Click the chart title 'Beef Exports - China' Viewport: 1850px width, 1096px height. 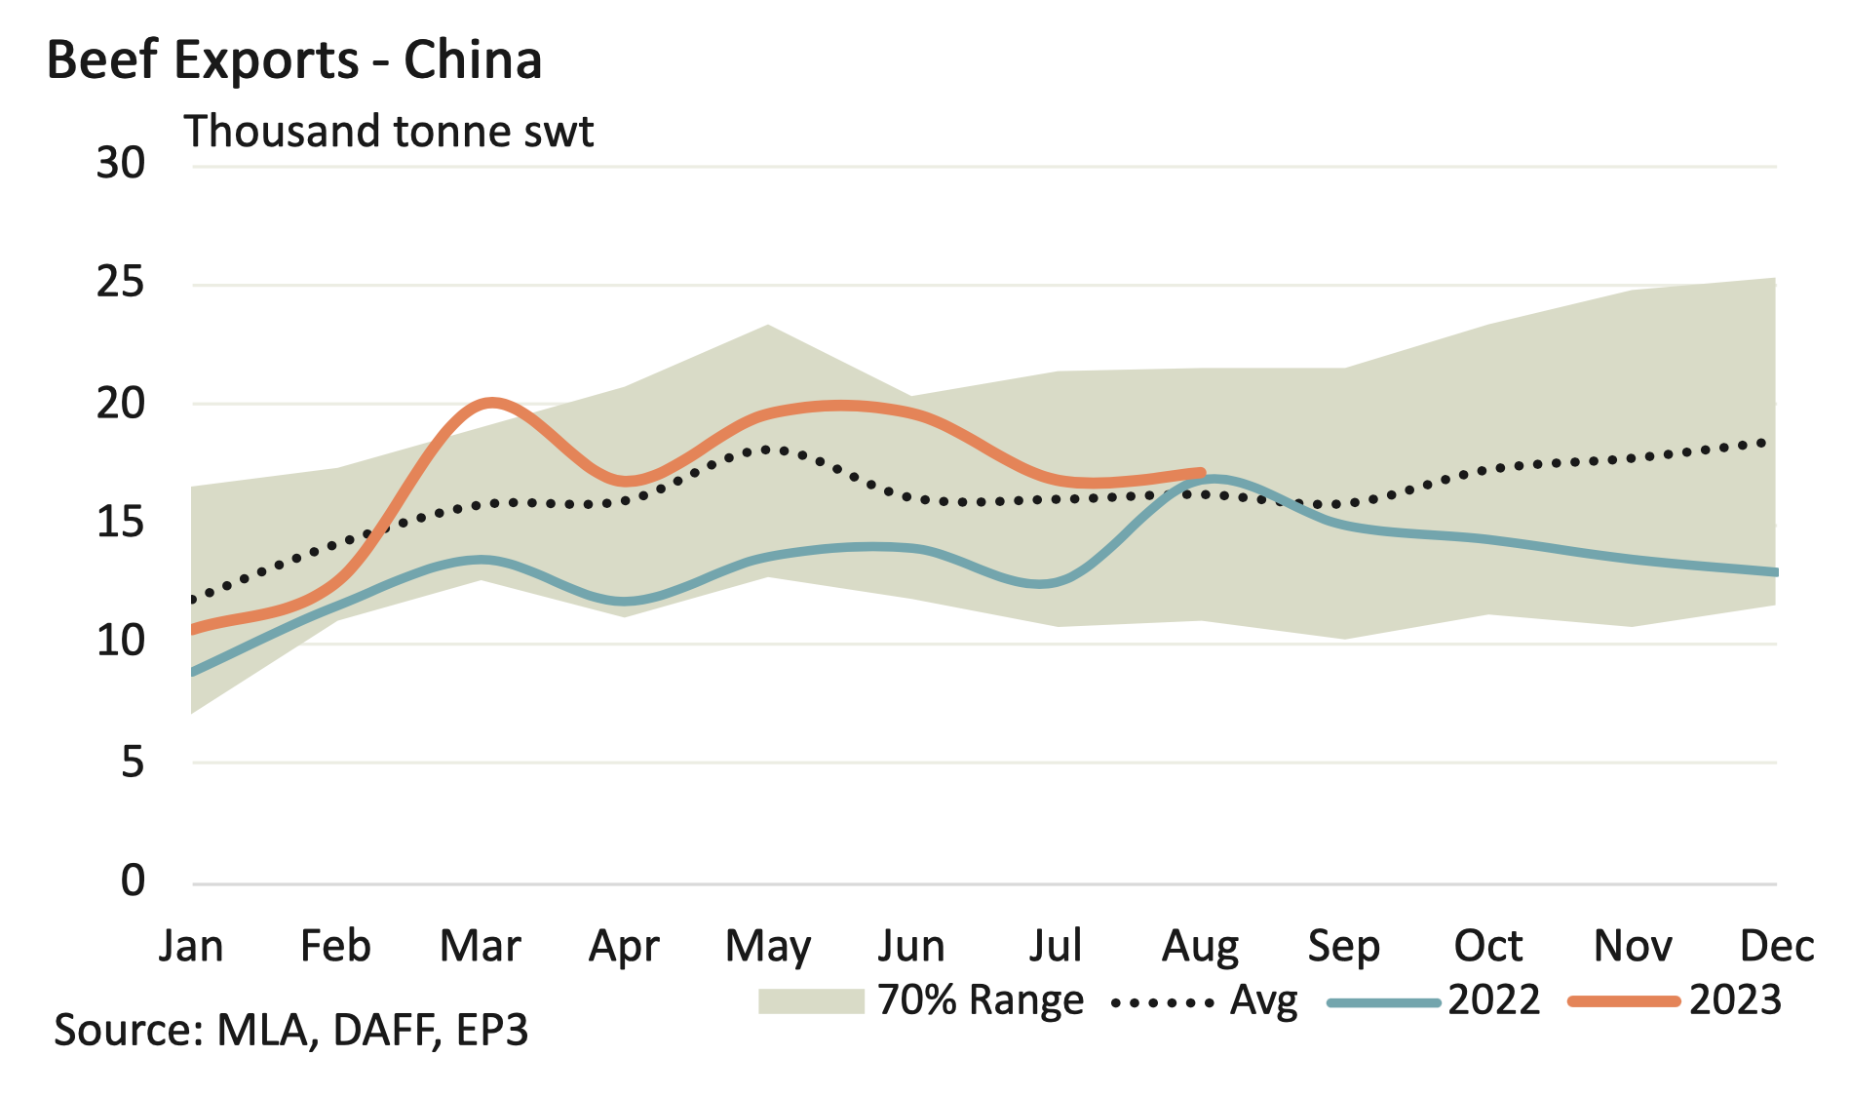point(293,60)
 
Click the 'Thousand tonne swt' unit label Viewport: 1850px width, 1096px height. point(389,132)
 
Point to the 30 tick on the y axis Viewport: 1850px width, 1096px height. point(120,163)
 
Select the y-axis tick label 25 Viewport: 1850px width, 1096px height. point(120,283)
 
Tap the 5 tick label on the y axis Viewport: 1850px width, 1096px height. point(133,762)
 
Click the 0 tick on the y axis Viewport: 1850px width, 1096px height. point(133,881)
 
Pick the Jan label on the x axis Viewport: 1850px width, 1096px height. point(191,946)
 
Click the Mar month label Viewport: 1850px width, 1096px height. point(480,946)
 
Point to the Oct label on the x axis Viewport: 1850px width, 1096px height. point(1488,946)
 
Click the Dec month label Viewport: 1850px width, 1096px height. point(1776,946)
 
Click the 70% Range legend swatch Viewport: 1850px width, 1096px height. point(811,1001)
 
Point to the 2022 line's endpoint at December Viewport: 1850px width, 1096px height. point(1774,572)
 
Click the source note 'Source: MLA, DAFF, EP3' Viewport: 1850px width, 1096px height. point(290,1031)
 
